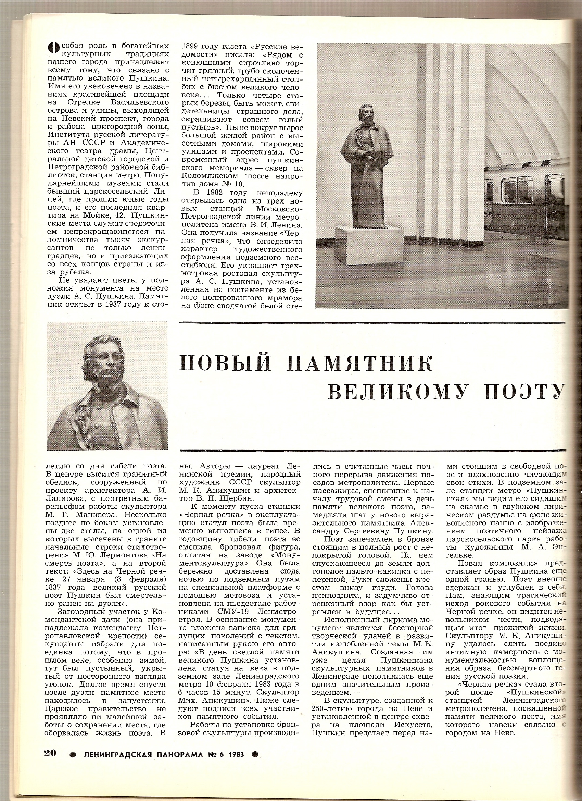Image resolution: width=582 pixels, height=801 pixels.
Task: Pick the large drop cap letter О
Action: coord(53,47)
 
